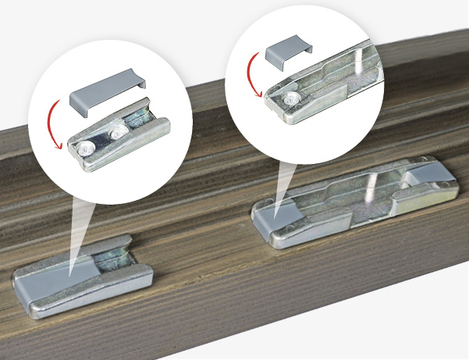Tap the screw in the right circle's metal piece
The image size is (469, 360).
(x=290, y=98)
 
